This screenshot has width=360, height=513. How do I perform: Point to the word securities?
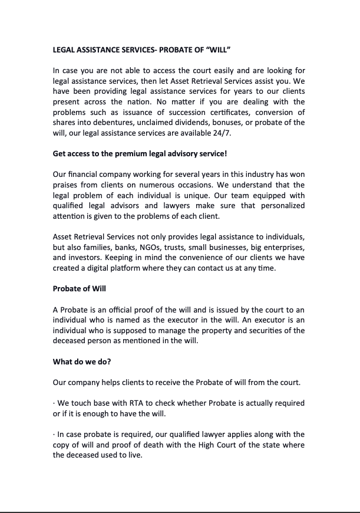pos(269,330)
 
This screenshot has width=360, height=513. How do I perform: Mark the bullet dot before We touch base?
pos(54,403)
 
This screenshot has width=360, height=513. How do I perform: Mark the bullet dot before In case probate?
pos(54,435)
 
